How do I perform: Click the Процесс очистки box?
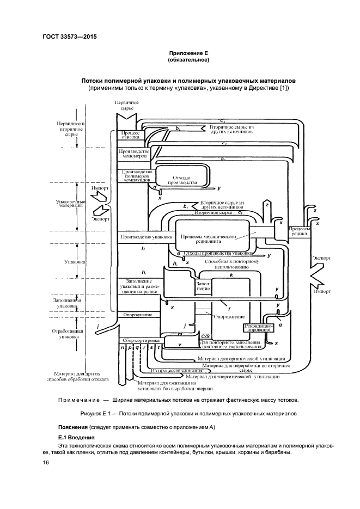coord(130,135)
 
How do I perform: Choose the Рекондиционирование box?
coord(255,328)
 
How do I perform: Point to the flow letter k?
coord(231,275)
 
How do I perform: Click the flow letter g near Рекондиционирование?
coord(280,324)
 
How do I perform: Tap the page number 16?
coord(46,462)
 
